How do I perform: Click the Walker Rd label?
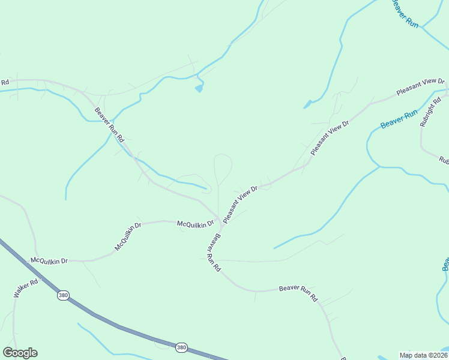pos(26,288)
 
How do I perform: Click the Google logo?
pos(20,353)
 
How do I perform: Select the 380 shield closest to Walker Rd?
pos(63,295)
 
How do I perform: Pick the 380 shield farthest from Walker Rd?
pos(181,347)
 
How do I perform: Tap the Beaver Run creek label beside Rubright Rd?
pos(399,119)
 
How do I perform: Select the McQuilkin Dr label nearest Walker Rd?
pos(49,260)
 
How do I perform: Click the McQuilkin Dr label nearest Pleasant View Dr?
pos(196,224)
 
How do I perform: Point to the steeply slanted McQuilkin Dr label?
pos(127,236)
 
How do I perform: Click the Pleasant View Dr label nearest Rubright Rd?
pos(420,88)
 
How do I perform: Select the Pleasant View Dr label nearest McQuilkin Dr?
pos(240,205)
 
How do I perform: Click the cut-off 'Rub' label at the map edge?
pos(444,160)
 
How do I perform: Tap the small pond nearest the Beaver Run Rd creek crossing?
pos(199,89)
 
